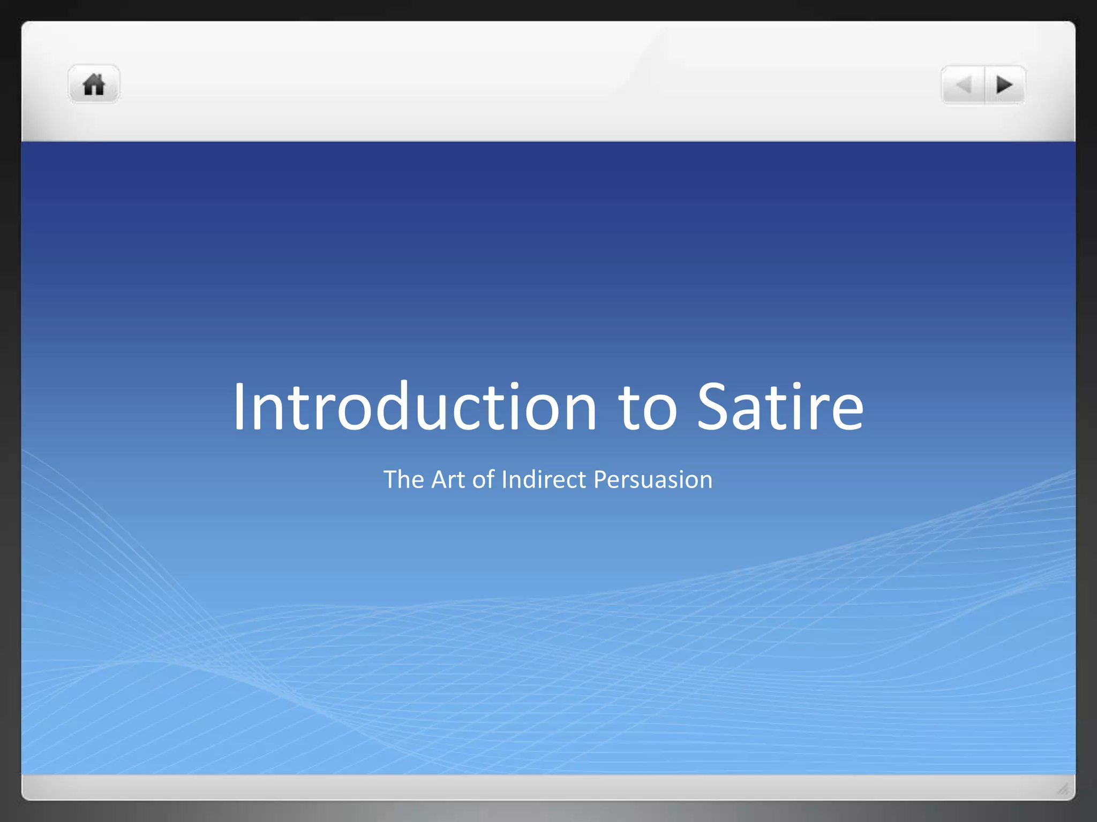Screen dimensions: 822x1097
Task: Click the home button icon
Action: click(94, 85)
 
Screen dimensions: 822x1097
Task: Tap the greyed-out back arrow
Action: click(964, 85)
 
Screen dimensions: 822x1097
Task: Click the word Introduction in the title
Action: click(415, 406)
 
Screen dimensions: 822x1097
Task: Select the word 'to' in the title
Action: click(648, 409)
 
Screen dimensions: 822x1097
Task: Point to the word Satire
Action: click(780, 406)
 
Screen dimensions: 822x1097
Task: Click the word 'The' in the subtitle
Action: click(403, 479)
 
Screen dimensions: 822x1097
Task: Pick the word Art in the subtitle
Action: click(448, 479)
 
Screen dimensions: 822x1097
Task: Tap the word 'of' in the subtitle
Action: click(483, 479)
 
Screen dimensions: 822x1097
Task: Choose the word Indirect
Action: click(544, 479)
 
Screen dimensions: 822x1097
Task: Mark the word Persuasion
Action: click(653, 480)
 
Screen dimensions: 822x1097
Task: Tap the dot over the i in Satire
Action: click(798, 385)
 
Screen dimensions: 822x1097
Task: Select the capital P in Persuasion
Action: click(600, 479)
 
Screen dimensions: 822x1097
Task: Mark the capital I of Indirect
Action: click(504, 479)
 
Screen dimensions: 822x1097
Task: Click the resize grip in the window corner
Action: click(1063, 788)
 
